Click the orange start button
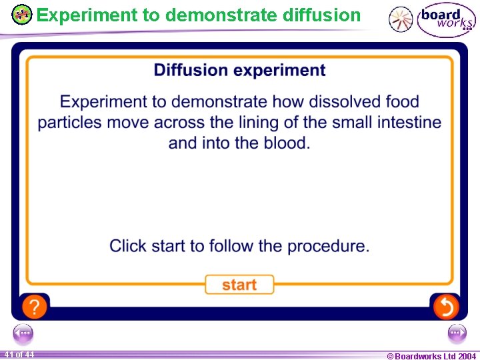point(239,285)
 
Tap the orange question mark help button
point(35,307)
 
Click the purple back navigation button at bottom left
point(23,333)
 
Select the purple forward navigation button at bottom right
point(457,333)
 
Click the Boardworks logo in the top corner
point(447,21)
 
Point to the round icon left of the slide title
point(22,15)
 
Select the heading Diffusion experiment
point(239,71)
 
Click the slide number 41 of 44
point(19,355)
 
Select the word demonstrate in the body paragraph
point(217,102)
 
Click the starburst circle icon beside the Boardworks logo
point(401,20)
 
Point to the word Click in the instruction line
point(127,246)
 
